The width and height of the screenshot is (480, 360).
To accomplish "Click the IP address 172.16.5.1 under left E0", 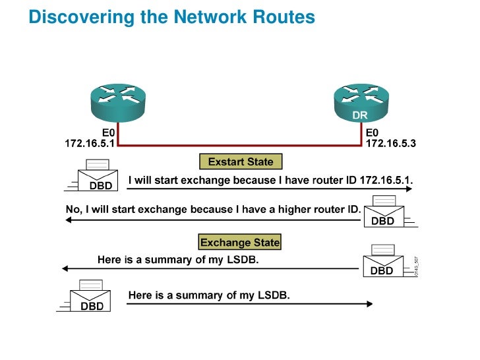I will tap(90, 142).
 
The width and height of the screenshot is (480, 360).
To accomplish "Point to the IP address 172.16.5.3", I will tap(392, 142).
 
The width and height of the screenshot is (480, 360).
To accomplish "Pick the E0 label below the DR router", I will tap(373, 132).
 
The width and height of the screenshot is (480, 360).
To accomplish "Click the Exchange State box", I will tap(240, 243).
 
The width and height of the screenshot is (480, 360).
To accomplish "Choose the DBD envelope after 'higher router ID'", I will tap(382, 212).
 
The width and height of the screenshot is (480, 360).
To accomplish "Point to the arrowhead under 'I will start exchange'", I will tap(408, 189).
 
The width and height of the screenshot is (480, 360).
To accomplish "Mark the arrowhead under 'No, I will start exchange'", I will tap(65, 219).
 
